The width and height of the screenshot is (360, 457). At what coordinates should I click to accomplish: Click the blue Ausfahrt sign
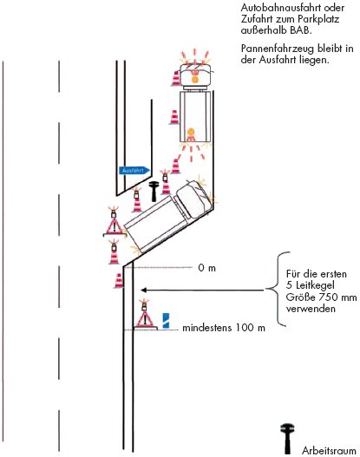pos(134,171)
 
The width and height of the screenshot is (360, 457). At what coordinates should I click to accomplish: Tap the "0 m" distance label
pos(207,268)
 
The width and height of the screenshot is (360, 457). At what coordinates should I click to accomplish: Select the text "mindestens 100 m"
pos(224,328)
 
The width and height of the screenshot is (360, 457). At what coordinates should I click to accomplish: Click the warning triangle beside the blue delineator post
pos(145,320)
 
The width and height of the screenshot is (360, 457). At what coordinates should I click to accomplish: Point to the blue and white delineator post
pos(166,320)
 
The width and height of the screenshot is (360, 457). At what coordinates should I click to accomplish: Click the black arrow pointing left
pos(203,290)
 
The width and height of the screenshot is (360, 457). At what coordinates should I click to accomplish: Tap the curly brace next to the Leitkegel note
pos(278,289)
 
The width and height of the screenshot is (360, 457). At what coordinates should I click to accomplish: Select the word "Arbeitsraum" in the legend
pos(329,450)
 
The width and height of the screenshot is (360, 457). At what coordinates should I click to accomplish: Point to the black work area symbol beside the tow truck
pos(154,191)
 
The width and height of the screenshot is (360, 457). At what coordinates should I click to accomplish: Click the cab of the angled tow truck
pos(193,199)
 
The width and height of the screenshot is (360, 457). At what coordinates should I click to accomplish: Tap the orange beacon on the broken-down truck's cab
pos(194,79)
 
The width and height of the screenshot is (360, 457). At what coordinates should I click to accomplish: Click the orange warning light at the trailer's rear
pos(191,132)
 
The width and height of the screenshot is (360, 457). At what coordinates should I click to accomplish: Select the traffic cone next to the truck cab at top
pos(176,78)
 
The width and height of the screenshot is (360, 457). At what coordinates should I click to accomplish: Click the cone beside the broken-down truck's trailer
pos(174,117)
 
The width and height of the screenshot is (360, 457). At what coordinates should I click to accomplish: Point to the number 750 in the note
pos(328,297)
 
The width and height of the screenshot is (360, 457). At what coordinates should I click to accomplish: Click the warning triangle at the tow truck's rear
pos(114,226)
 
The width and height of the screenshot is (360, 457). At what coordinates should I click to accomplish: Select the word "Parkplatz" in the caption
pos(318,19)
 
